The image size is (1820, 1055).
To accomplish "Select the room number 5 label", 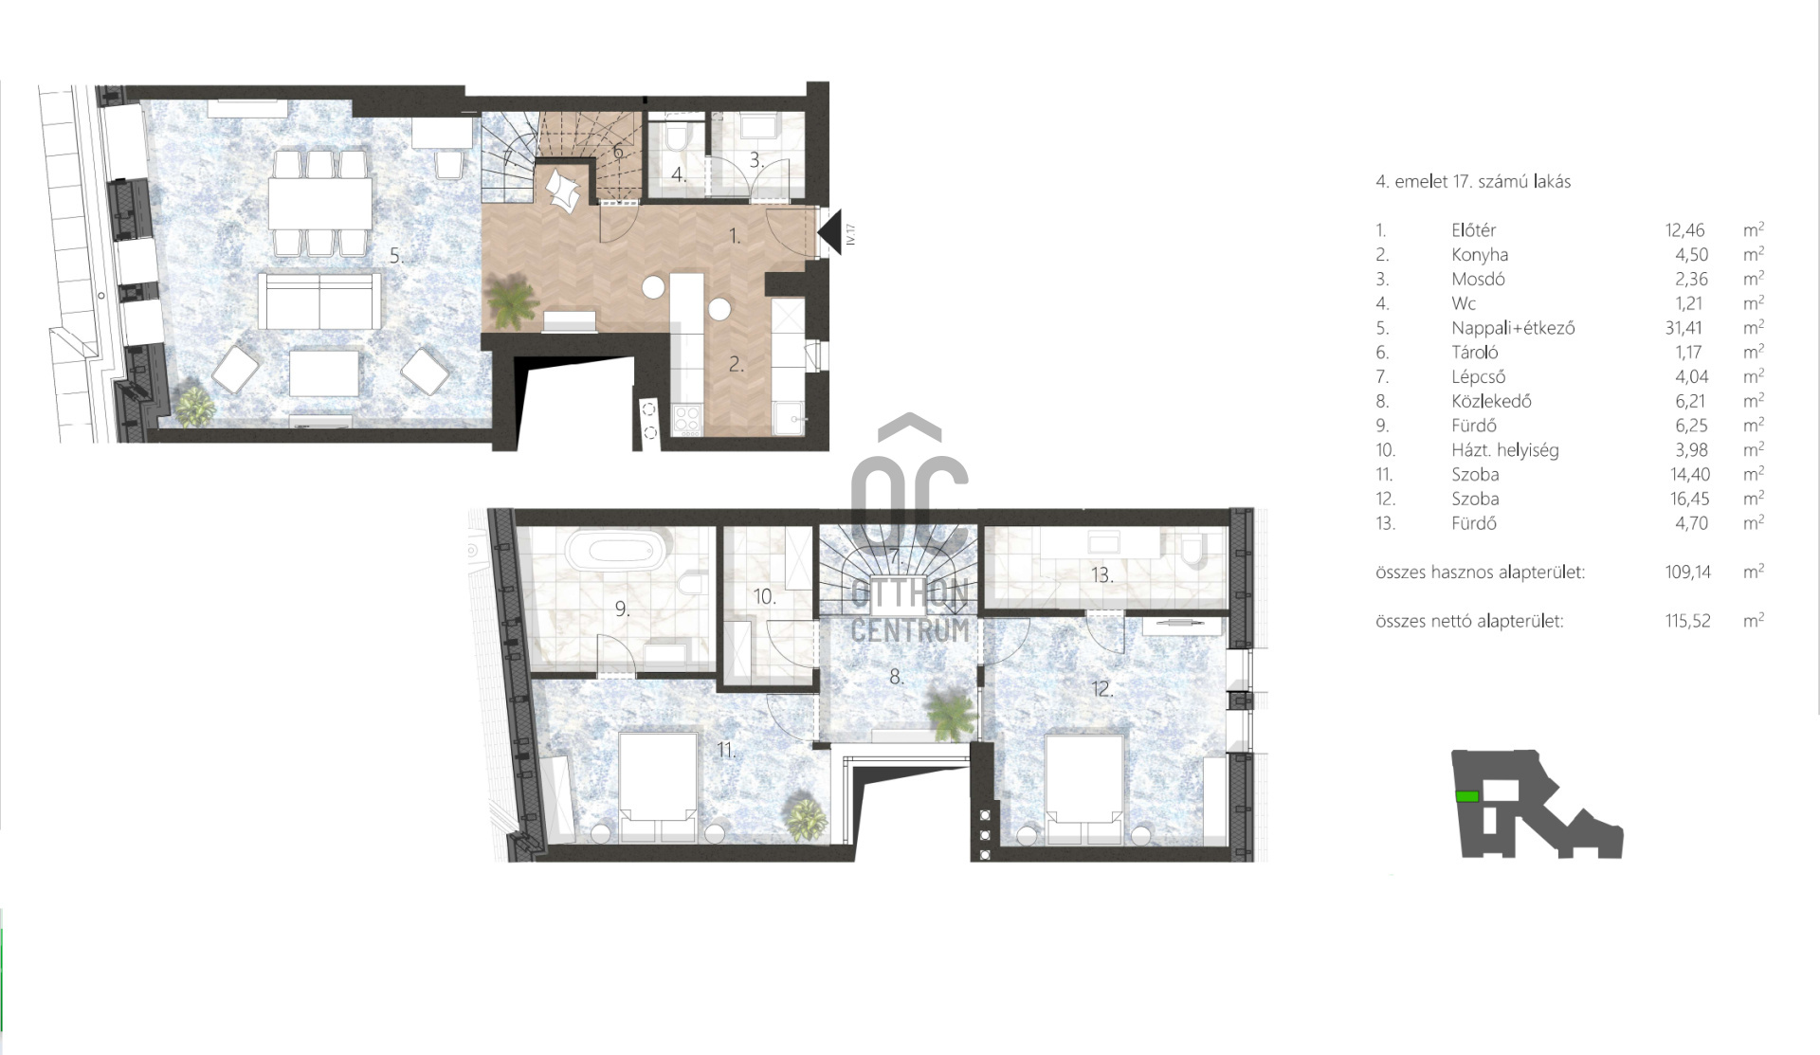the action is [396, 255].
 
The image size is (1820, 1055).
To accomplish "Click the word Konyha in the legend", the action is [1480, 254].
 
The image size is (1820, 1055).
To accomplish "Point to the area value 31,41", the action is [1683, 328].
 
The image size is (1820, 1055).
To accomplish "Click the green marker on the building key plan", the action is [1467, 796].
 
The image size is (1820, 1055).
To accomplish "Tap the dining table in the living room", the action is [320, 202].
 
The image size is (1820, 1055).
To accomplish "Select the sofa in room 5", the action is [319, 301].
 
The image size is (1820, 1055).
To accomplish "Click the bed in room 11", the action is [658, 786].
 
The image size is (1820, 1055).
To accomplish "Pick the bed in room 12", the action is [1084, 788].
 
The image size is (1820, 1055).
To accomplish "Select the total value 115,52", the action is [1687, 621].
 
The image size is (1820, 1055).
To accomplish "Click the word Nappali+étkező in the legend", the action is [1513, 328].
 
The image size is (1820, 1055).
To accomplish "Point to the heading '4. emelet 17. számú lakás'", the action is [1473, 181].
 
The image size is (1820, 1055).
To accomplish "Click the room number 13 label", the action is [1101, 574].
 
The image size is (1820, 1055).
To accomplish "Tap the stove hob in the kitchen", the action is [687, 419].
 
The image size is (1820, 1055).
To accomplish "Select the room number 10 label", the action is [765, 596].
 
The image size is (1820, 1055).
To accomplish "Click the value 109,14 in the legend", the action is [1687, 572].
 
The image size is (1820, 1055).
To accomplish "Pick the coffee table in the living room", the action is [324, 373].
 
